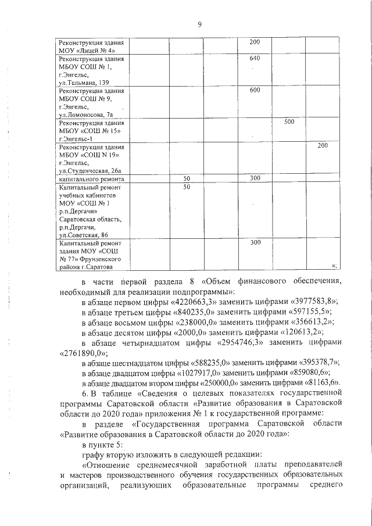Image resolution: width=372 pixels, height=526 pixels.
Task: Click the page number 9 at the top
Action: coord(199,24)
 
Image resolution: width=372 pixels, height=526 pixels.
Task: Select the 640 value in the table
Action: coord(255,58)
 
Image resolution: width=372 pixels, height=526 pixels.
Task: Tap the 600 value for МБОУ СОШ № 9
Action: coord(255,91)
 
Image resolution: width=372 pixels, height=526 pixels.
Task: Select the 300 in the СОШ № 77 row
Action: coord(255,242)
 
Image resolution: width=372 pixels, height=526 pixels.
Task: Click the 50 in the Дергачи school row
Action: coord(187,187)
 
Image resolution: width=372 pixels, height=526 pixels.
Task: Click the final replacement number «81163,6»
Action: coord(321,382)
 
